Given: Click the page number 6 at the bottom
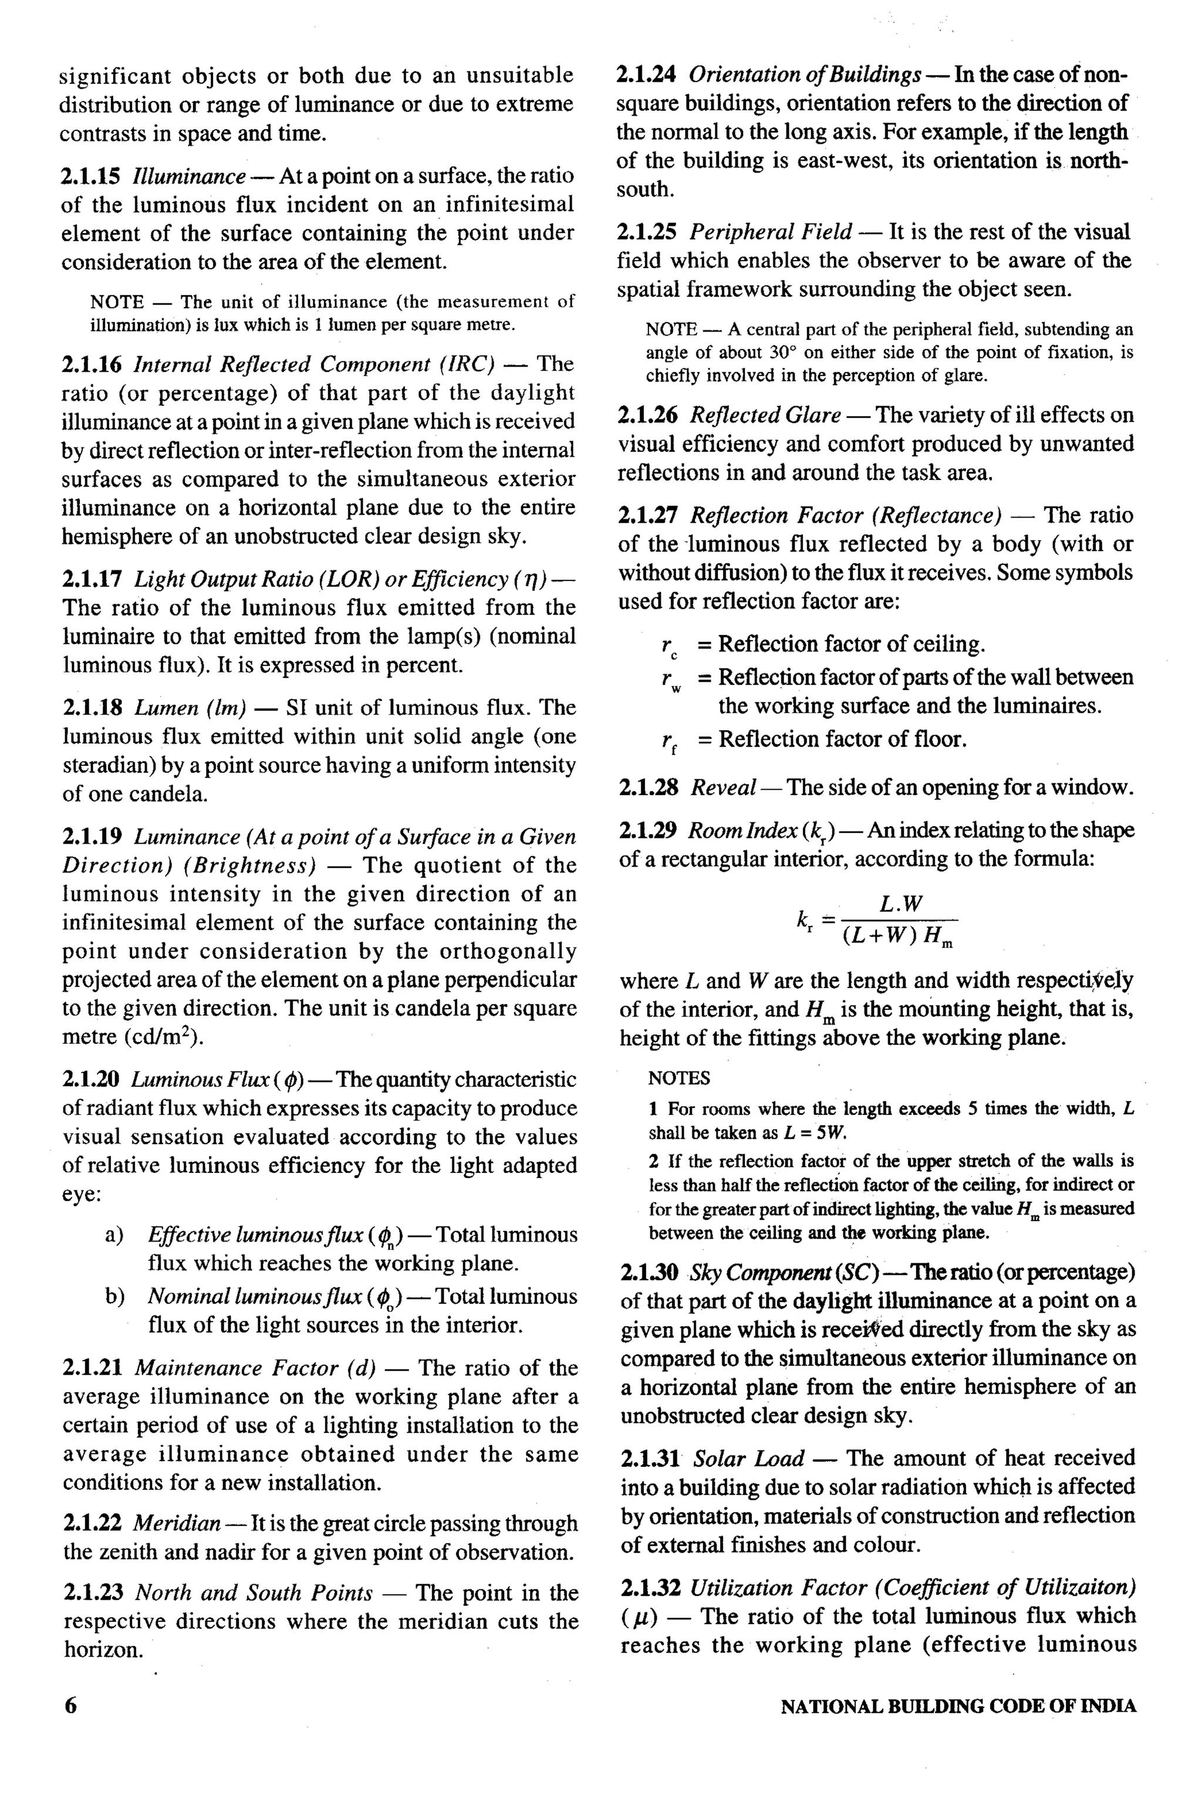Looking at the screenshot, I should coord(70,1706).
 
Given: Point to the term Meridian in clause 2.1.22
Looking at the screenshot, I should coord(176,1523).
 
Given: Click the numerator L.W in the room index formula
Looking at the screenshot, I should coord(901,904).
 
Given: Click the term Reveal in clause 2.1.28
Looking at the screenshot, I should coord(724,787).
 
